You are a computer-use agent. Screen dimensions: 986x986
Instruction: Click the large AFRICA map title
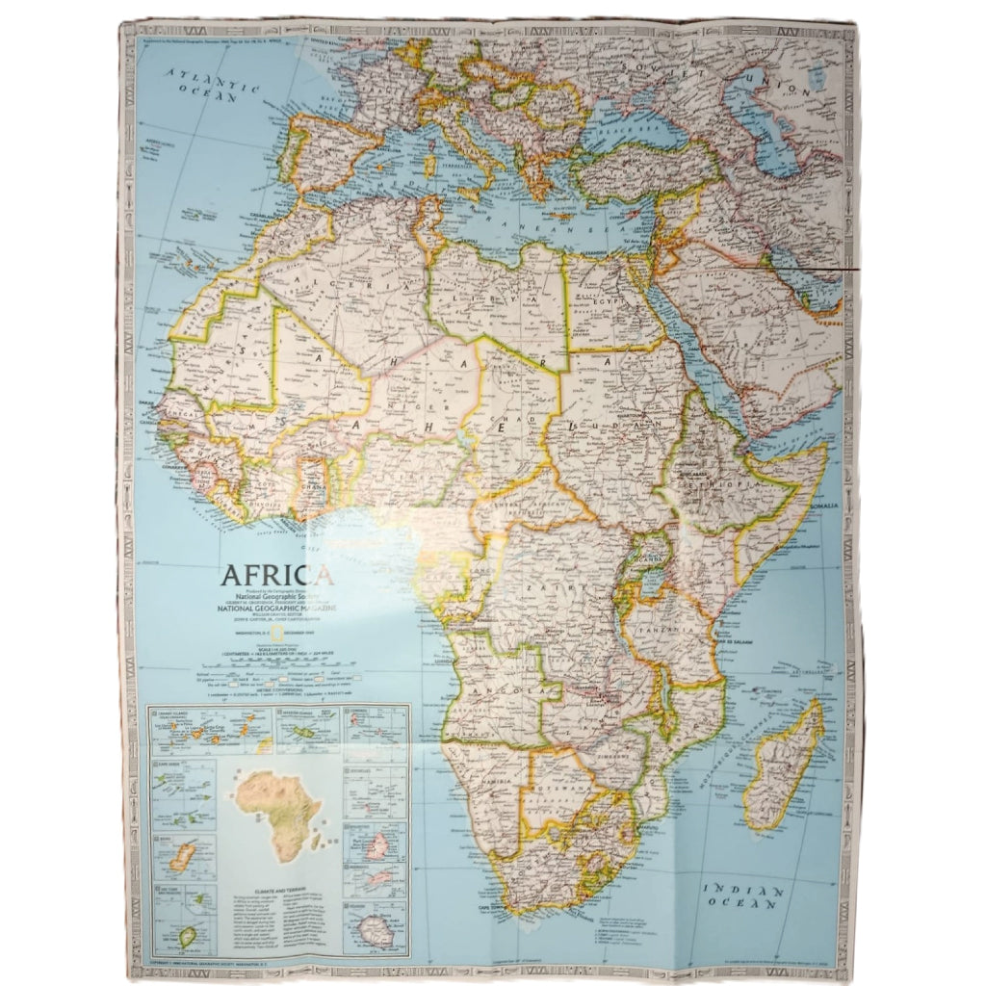coord(277,575)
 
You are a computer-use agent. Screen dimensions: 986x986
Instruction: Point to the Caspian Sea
coord(761,125)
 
